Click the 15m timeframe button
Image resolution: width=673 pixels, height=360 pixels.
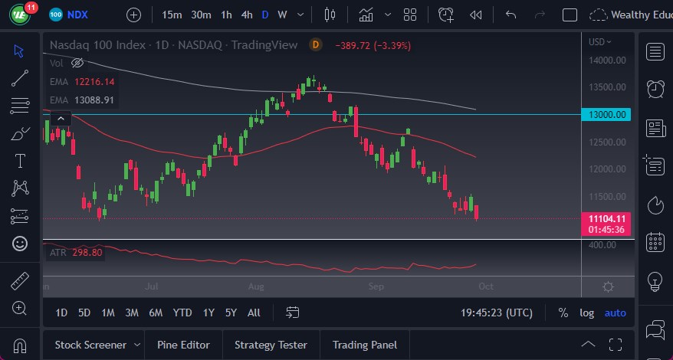pos(172,15)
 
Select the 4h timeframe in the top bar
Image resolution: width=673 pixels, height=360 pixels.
pos(246,15)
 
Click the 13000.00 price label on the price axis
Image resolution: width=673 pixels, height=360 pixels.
pos(608,115)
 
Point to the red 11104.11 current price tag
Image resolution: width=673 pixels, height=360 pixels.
pos(608,218)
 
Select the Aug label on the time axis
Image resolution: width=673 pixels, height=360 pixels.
pos(256,286)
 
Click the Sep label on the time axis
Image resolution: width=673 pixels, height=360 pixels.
pos(376,286)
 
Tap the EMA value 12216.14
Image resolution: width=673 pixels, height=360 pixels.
pos(94,81)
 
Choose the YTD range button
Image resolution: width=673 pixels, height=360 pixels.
pos(182,313)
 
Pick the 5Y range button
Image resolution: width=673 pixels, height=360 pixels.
pos(231,313)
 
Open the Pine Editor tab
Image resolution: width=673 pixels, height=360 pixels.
pos(184,345)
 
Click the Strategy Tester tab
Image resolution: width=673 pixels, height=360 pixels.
pos(271,345)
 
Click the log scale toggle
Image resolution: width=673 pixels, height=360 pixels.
pos(586,313)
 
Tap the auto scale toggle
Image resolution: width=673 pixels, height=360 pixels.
pos(615,313)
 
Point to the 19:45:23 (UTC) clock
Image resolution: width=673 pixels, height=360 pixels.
pos(497,313)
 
